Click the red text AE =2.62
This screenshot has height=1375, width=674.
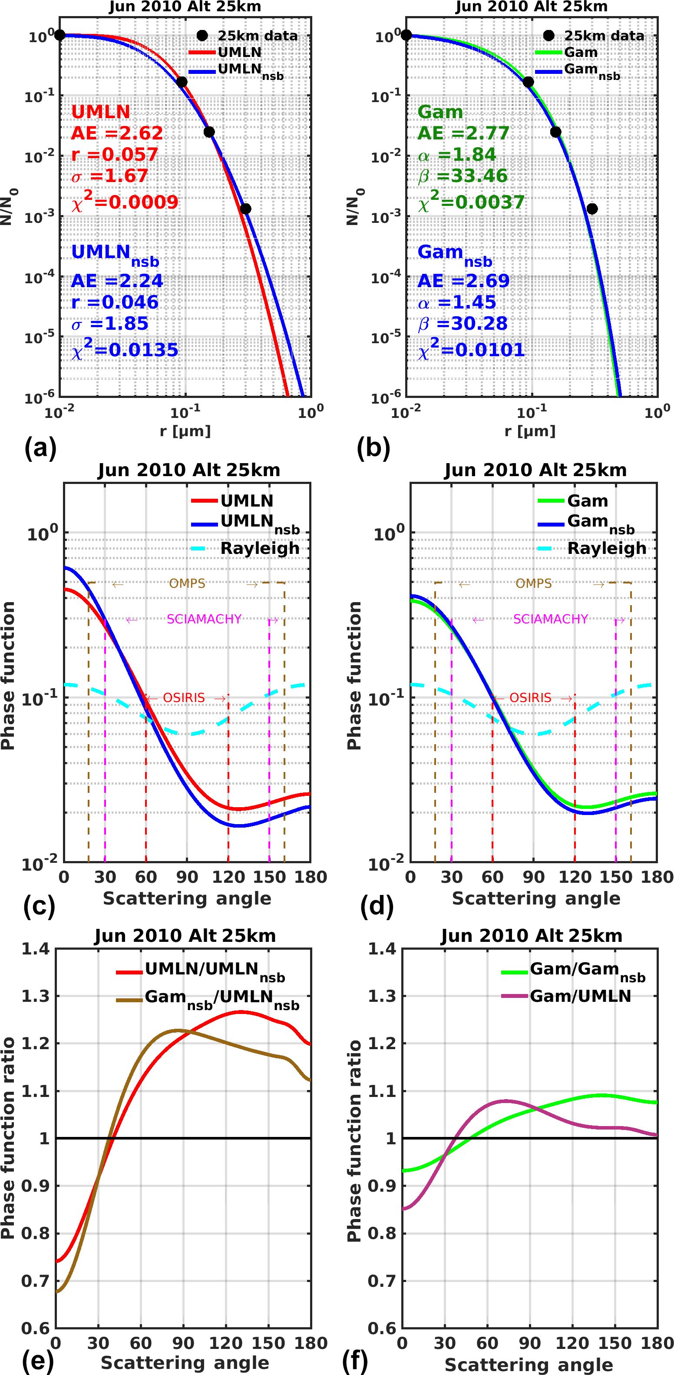click(x=117, y=133)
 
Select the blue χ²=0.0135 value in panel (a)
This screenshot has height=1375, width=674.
click(x=125, y=350)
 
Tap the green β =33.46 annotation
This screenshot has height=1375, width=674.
click(x=462, y=176)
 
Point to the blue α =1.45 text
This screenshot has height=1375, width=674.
click(x=457, y=302)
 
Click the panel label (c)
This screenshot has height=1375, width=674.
click(x=39, y=906)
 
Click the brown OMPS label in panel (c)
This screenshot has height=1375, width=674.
click(x=187, y=583)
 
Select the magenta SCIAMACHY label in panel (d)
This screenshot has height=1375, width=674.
click(x=550, y=619)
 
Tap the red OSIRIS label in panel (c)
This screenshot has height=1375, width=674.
click(x=184, y=698)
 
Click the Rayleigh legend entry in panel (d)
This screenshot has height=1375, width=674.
click(x=606, y=548)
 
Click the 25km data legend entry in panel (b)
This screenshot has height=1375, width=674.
click(x=604, y=36)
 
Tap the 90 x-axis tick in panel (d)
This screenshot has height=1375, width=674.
click(x=533, y=877)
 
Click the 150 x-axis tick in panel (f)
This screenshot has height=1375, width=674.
click(x=615, y=1342)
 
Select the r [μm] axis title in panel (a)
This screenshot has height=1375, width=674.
click(x=185, y=431)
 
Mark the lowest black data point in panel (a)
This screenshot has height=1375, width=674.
click(x=245, y=209)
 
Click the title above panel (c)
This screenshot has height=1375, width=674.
click(x=189, y=470)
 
